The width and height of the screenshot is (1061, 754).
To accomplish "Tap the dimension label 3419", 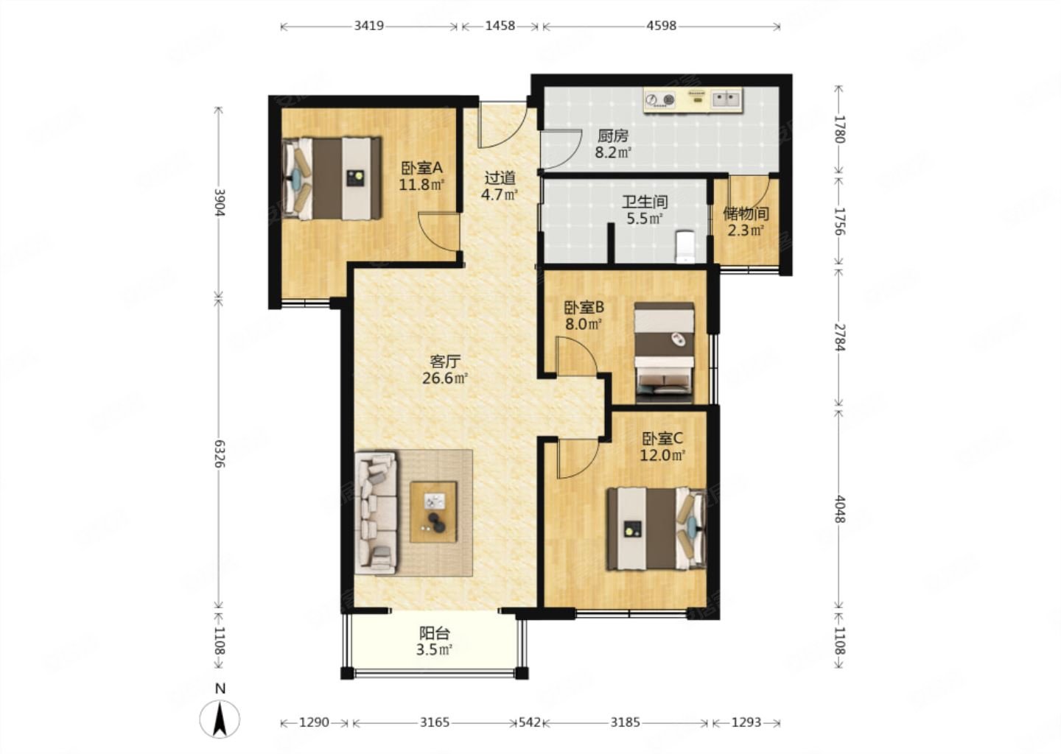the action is [x=369, y=26].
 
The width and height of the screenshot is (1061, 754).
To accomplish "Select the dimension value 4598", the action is [x=661, y=26].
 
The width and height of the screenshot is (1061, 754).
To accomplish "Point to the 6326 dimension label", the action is [x=220, y=453].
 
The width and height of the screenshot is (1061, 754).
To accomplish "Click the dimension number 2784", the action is [x=838, y=337].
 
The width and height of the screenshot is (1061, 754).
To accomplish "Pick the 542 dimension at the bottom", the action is [x=530, y=722].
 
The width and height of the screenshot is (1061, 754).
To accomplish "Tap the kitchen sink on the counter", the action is [x=726, y=99].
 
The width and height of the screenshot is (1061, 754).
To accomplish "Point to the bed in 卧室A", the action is [x=332, y=178].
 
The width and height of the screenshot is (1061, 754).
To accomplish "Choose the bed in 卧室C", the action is [x=656, y=528].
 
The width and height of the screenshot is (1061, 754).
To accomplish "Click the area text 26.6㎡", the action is [x=445, y=378].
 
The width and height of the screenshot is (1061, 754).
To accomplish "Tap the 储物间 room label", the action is [x=746, y=214].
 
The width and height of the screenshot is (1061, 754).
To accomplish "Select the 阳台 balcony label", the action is [x=435, y=633].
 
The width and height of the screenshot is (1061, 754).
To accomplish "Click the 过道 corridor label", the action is [x=500, y=178].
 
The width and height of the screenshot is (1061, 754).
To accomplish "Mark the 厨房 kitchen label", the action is [x=612, y=136].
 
